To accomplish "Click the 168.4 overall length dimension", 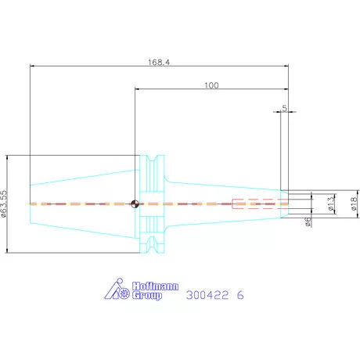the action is pos(159,63).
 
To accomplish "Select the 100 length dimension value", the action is pos(211,85).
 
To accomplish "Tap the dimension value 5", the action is pos(284,108).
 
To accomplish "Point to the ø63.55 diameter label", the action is pos(4,203).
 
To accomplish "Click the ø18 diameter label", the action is pos(354,203).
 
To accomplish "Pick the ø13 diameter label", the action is pos(330,203).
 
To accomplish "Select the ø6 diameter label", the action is pos(308,221).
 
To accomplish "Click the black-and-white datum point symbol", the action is pos(135,203).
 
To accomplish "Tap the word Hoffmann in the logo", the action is pos(155,286).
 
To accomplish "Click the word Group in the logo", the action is pos(147,296).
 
